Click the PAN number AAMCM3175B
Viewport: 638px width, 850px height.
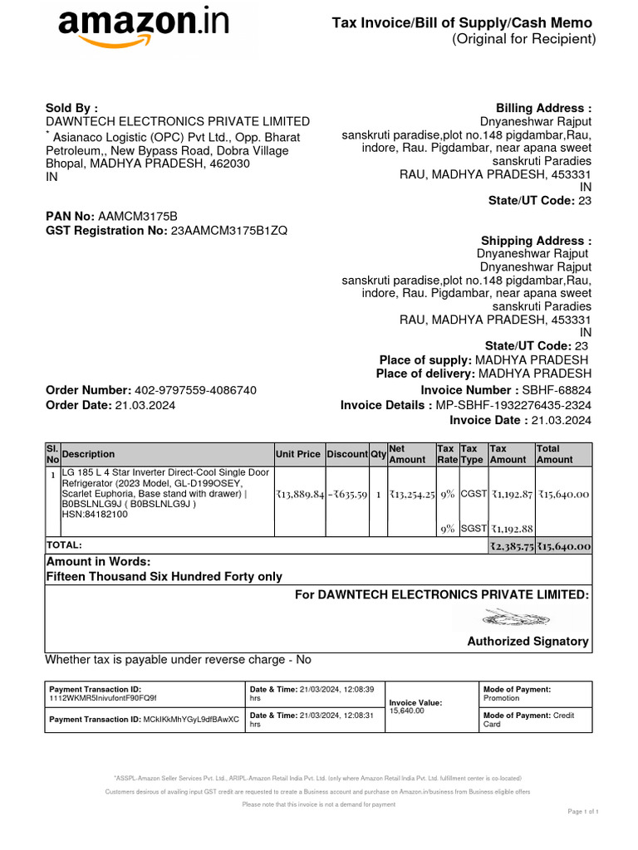point(138,216)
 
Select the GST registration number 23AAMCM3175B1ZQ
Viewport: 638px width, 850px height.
point(228,230)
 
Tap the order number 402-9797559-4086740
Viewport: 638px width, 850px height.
point(195,390)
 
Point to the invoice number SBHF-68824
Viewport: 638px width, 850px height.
point(556,390)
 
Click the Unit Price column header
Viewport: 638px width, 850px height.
point(297,454)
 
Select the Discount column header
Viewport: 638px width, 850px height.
point(346,454)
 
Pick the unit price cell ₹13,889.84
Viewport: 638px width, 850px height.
point(299,494)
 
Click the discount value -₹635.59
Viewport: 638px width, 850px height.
point(347,494)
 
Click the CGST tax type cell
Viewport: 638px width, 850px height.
point(473,494)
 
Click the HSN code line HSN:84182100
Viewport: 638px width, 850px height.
point(95,515)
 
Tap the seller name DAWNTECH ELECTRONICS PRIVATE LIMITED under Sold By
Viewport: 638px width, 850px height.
point(178,121)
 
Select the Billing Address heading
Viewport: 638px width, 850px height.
point(543,108)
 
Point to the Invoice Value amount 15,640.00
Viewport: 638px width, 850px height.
point(406,711)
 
